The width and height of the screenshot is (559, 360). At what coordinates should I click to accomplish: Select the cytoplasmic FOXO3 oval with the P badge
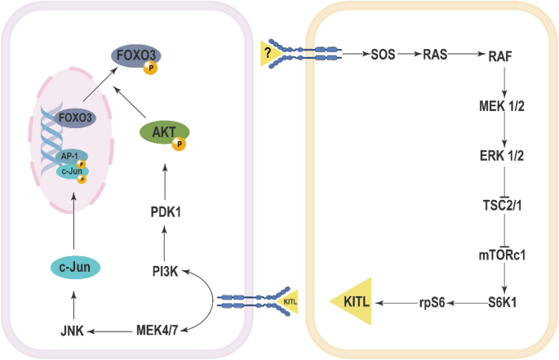click(137, 57)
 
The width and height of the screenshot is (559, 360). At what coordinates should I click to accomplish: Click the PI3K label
click(166, 269)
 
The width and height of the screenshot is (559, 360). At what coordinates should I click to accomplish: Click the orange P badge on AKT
click(179, 144)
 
